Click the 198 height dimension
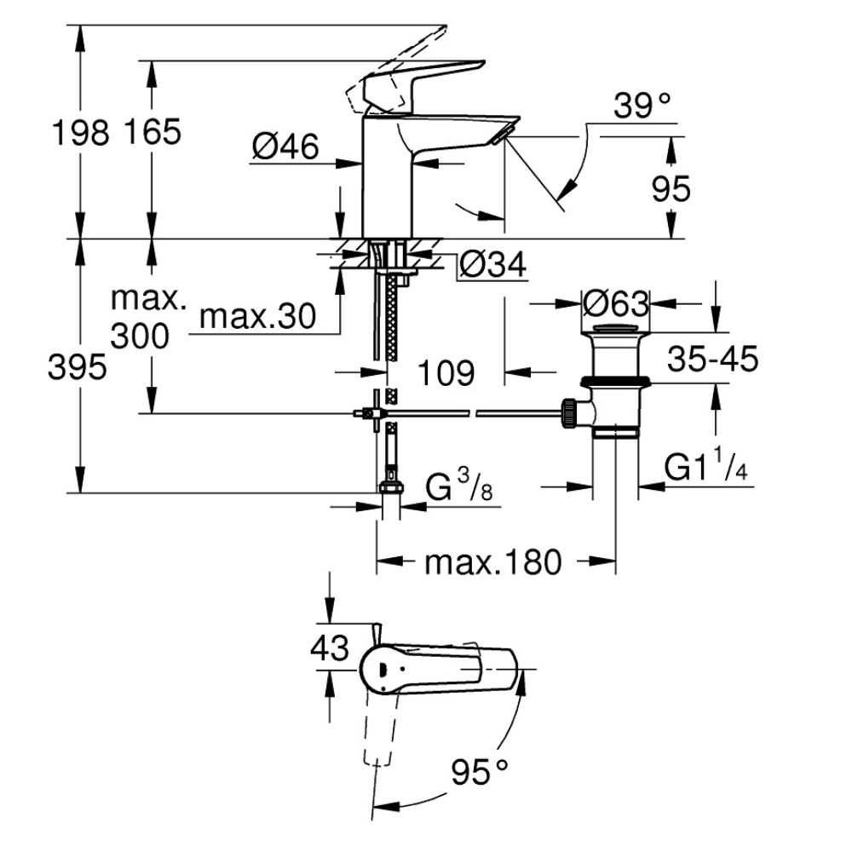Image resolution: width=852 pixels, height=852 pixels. (80, 132)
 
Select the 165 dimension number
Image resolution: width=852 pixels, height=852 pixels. (153, 132)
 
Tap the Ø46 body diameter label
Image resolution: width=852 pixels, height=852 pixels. (285, 148)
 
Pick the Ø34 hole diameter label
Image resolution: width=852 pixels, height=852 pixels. (492, 266)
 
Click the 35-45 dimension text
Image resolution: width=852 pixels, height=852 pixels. (711, 360)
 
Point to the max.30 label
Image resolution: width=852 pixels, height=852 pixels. (256, 317)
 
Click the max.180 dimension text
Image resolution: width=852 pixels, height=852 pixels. (494, 562)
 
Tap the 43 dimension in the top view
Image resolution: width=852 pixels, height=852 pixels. (329, 649)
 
